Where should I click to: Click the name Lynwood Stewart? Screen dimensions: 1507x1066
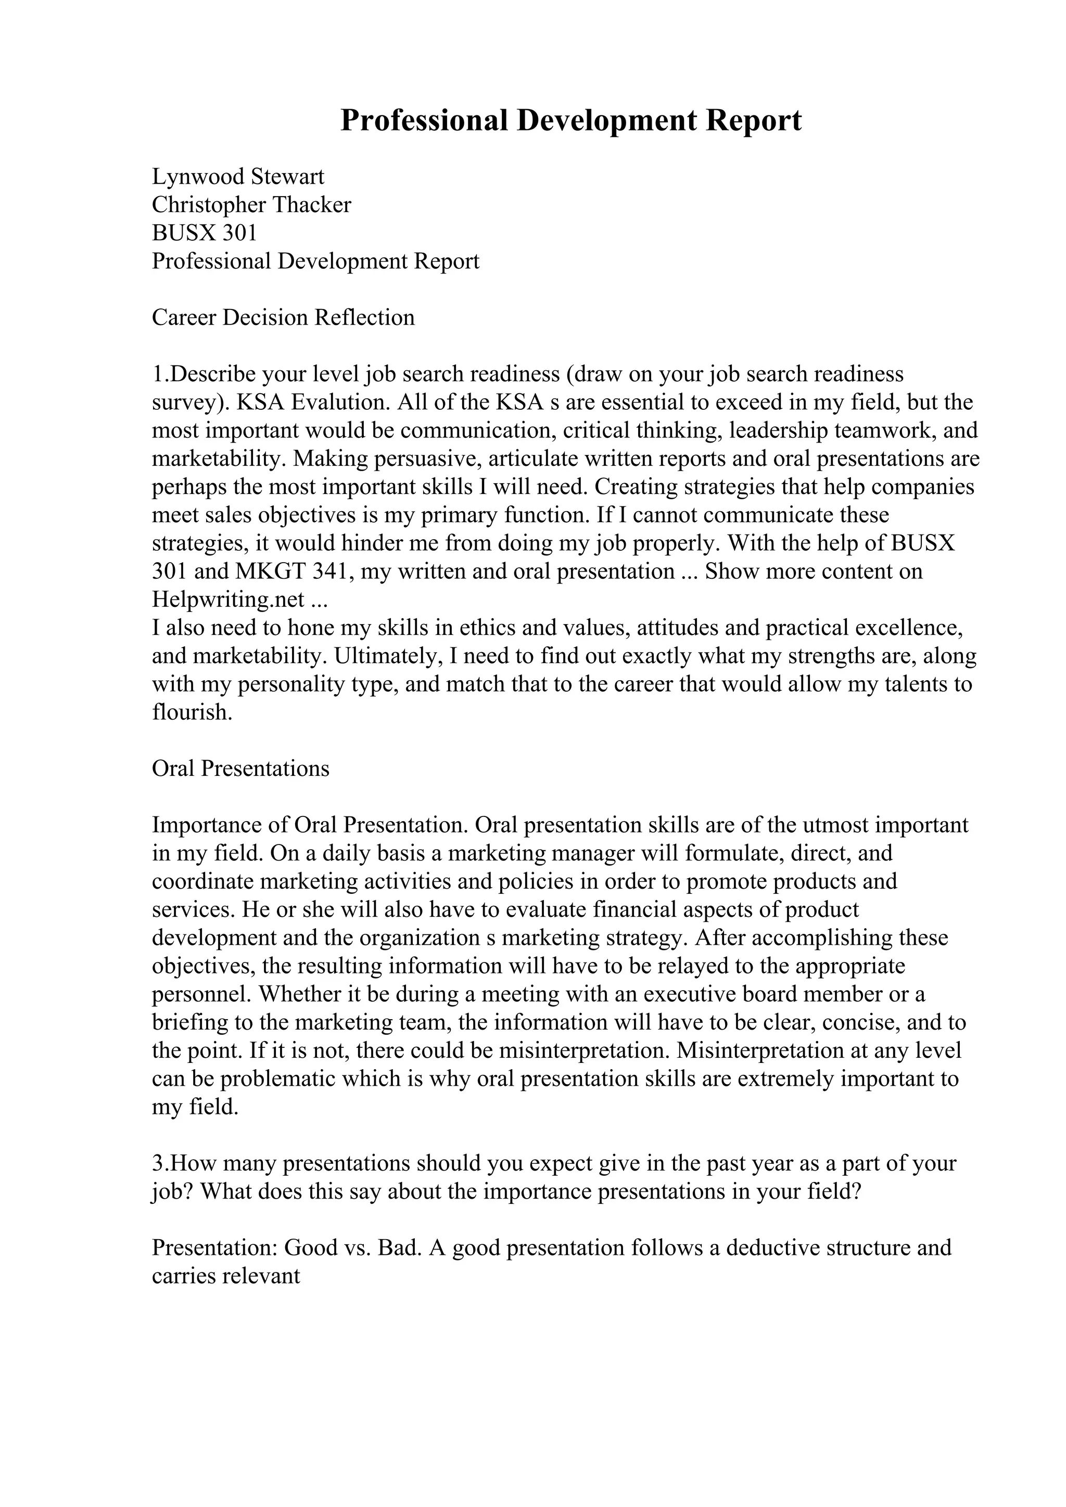pyautogui.click(x=238, y=177)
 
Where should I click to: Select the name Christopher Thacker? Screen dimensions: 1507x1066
pyautogui.click(x=251, y=205)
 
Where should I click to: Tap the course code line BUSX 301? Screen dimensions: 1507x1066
pyautogui.click(x=204, y=233)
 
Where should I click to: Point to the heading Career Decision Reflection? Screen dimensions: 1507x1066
pyautogui.click(x=283, y=318)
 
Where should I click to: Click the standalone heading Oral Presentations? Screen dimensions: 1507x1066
pyautogui.click(x=240, y=769)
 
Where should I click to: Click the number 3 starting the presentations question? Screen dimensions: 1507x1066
pyautogui.click(x=157, y=1164)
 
